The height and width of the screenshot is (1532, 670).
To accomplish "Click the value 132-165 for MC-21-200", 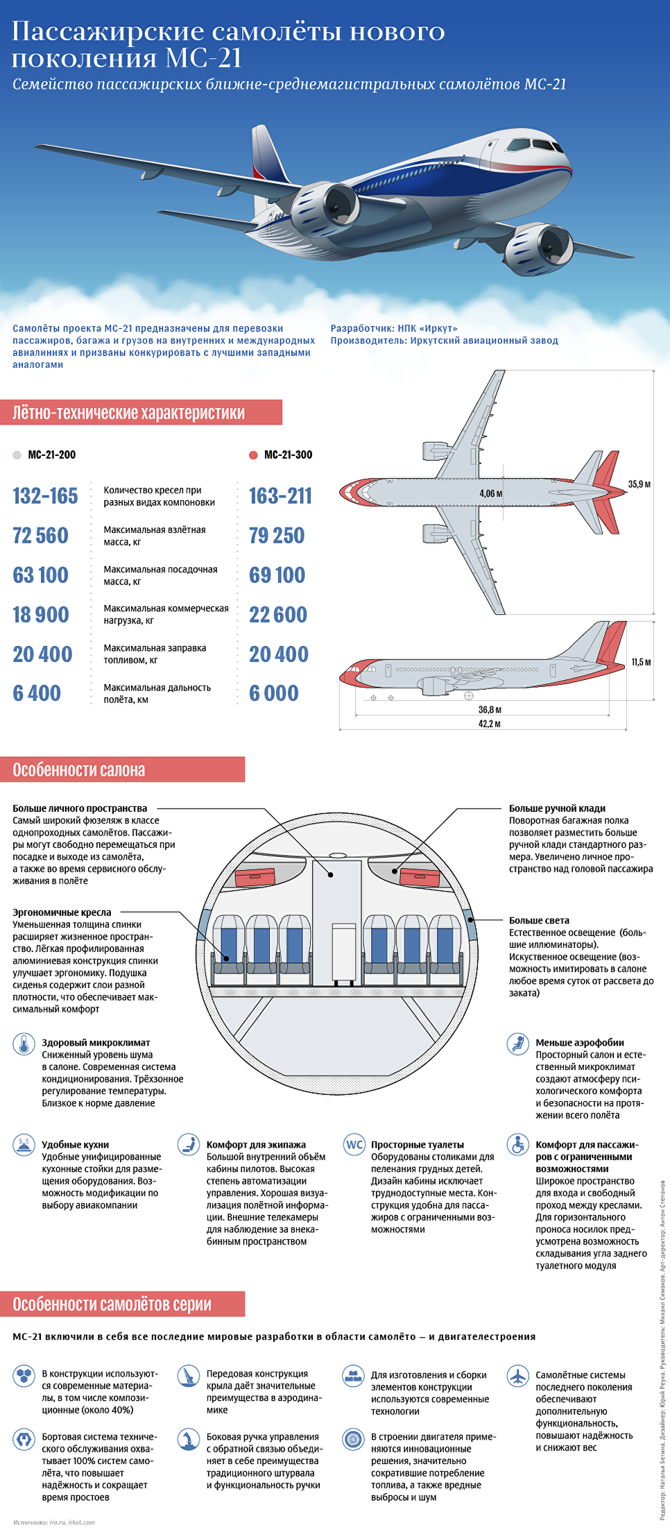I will (45, 496).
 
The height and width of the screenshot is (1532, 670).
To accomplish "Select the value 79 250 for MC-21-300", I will (277, 536).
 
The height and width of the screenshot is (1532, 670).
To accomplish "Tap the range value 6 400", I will (37, 693).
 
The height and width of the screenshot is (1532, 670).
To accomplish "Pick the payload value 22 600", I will (277, 615).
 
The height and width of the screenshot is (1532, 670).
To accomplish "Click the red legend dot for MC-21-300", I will (253, 455).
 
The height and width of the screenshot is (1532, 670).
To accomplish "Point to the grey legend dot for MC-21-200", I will (17, 455).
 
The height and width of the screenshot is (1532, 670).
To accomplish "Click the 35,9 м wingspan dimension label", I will (639, 484).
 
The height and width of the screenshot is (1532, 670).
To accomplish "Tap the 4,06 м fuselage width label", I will (490, 493).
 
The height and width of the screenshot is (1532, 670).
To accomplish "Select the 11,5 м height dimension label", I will (641, 663).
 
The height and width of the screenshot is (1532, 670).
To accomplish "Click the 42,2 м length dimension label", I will (489, 724).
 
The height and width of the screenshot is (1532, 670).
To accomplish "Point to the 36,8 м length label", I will (489, 710).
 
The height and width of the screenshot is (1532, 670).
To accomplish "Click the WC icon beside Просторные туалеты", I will (354, 1145).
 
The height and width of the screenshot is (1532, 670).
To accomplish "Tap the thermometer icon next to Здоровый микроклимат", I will (24, 1044).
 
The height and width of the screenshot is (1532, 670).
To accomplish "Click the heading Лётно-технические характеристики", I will (128, 413).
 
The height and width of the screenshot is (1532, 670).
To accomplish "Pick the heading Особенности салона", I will (79, 770).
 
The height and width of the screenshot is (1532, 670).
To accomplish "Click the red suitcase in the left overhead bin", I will (255, 878).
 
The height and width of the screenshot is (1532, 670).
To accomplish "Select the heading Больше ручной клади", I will (557, 808).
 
